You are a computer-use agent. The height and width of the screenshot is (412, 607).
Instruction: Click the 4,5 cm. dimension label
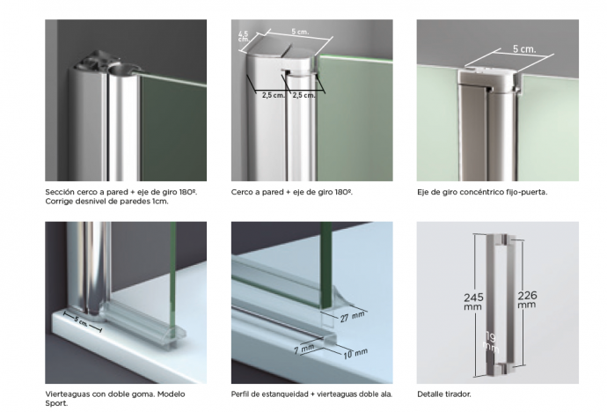(x=244, y=37)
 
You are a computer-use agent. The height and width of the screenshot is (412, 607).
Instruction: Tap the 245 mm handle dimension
(x=473, y=302)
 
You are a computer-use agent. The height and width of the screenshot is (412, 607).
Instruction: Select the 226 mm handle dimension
(x=527, y=299)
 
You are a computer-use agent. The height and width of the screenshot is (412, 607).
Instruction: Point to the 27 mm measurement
(x=352, y=316)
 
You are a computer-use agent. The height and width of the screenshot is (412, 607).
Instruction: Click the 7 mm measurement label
(x=303, y=349)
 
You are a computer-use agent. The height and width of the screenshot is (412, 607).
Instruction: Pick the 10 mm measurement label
(x=355, y=353)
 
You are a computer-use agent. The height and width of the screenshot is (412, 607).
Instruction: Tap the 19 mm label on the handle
(x=491, y=342)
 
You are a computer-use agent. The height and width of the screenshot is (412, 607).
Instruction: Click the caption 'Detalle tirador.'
(x=444, y=394)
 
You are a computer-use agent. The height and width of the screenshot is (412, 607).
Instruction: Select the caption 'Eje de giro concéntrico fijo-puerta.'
(x=482, y=192)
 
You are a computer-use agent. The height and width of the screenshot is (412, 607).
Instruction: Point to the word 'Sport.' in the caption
(x=56, y=403)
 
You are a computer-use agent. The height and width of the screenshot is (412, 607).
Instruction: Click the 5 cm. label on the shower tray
(x=81, y=321)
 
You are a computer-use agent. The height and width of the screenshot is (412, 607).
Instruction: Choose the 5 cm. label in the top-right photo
(x=524, y=49)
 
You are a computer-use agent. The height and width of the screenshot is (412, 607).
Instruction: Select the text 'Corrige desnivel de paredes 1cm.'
(x=106, y=202)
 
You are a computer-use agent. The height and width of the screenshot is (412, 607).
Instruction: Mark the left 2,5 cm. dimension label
(x=274, y=95)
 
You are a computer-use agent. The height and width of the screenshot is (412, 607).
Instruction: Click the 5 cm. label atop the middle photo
(x=300, y=32)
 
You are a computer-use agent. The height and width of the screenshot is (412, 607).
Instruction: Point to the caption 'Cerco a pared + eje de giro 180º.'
(x=292, y=192)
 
